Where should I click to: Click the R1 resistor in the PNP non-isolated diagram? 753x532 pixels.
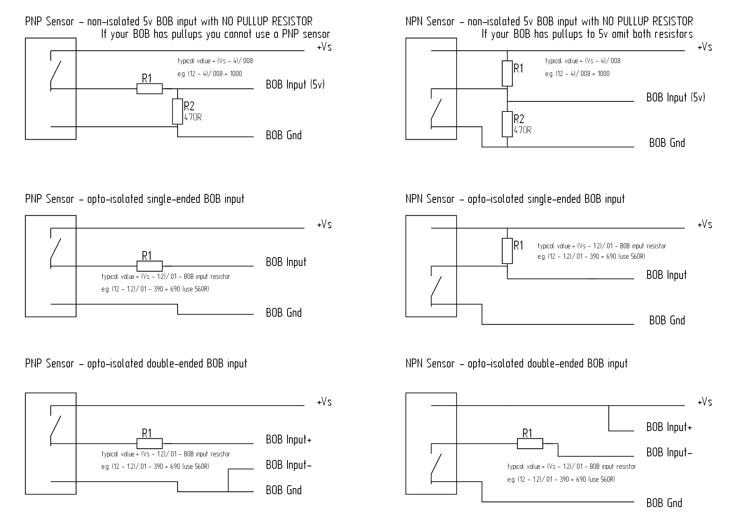pos(149,89)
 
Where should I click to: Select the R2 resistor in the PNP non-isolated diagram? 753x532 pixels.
pos(177,111)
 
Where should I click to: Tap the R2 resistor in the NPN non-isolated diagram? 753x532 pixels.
pos(507,124)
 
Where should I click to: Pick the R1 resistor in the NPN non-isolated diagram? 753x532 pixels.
pos(507,73)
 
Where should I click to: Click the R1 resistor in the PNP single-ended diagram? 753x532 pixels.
pos(149,266)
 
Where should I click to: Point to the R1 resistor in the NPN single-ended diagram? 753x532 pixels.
pos(507,251)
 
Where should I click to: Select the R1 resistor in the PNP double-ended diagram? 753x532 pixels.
pos(149,443)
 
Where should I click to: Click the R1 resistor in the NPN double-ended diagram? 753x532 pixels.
pos(530,444)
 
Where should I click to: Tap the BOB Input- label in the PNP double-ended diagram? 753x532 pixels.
pos(289,465)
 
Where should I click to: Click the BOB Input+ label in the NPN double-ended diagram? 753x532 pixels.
pos(669,427)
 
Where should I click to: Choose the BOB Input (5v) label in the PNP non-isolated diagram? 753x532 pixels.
pos(295,85)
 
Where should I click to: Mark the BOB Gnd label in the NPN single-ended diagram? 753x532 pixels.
pos(667,320)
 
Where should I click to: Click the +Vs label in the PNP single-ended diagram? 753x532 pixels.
pos(324,225)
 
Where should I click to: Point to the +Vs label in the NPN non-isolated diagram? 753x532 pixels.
pos(705,47)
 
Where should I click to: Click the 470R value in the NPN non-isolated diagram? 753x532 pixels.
pos(523,130)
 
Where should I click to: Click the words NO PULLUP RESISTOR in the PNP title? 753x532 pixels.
pos(267,21)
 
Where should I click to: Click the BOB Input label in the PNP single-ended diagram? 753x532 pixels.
pos(286,262)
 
